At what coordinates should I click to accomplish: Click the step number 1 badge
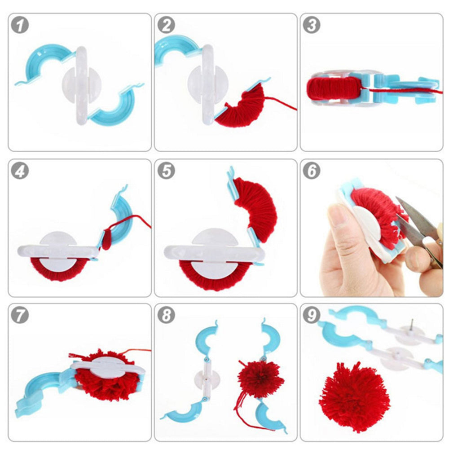20,26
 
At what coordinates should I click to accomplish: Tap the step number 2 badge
166,26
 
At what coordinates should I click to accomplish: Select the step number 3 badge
312,26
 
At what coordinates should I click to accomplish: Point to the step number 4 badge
20,171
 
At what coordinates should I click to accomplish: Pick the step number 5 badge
166,171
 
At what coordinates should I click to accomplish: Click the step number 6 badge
312,171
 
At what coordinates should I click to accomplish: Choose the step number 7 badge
20,316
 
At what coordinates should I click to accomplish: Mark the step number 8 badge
166,316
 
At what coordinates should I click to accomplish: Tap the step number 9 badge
312,316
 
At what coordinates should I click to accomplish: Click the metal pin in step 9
412,326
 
